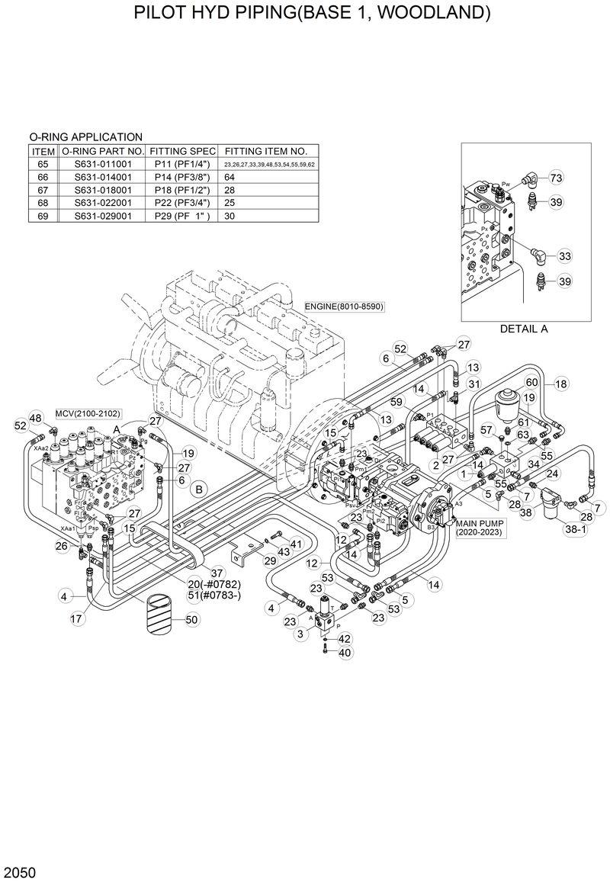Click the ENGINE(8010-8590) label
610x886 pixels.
(344, 307)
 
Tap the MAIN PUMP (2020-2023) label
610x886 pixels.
(480, 529)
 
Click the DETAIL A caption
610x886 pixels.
(524, 329)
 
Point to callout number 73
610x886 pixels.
(556, 178)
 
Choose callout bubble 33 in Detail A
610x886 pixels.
(565, 255)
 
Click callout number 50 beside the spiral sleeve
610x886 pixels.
(192, 620)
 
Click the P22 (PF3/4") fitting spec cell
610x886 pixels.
(182, 203)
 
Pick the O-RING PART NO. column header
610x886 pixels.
(103, 151)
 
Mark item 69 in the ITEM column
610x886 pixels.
(43, 216)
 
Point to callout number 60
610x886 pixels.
(532, 383)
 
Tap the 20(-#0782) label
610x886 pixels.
(204, 584)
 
